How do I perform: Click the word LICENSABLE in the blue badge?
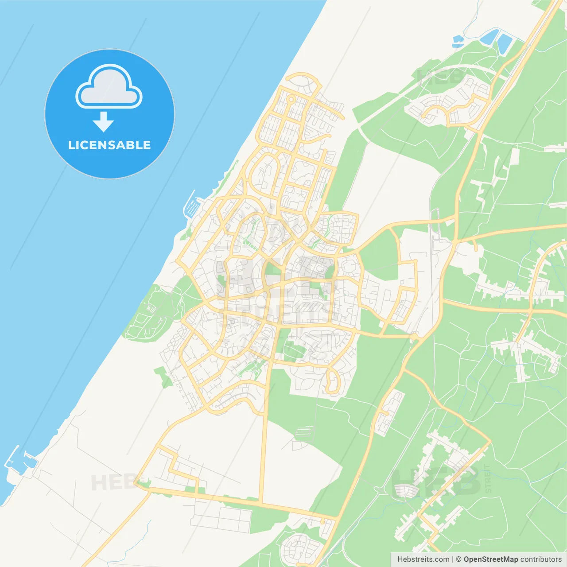tap(109, 145)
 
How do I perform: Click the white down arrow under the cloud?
tap(104, 122)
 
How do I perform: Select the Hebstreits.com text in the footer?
tap(423, 559)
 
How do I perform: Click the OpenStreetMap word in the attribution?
tap(490, 559)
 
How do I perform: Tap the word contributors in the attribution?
tap(541, 559)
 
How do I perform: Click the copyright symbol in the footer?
tap(459, 559)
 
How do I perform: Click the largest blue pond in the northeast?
tap(504, 43)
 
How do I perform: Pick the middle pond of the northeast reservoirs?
tap(489, 36)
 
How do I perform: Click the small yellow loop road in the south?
tap(332, 382)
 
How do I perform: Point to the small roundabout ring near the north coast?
tap(291, 99)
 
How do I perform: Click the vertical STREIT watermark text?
tap(488, 479)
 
